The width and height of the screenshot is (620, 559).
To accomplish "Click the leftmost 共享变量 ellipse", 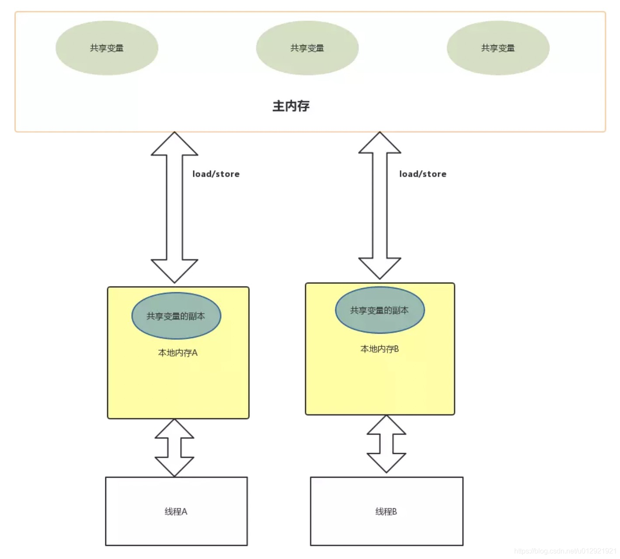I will (x=107, y=48).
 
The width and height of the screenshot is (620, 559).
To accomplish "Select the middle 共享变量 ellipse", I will (x=307, y=48).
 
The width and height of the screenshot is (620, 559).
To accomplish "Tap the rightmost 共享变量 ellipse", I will (x=498, y=48).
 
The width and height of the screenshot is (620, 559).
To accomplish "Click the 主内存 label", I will (x=291, y=106).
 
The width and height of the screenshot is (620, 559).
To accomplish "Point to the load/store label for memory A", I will (x=216, y=174).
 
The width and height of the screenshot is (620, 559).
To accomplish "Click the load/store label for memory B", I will (x=423, y=174).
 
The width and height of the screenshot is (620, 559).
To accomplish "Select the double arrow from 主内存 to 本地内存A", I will (x=174, y=208).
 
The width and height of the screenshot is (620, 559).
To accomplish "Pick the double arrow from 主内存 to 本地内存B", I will (x=380, y=206).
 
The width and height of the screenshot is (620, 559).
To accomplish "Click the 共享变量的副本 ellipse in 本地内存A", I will (x=176, y=316).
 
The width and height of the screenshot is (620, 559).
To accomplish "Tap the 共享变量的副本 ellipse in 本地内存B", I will (x=380, y=310).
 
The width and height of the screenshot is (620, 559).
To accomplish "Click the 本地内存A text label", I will (x=178, y=353).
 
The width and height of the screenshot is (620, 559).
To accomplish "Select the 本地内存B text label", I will (x=380, y=349).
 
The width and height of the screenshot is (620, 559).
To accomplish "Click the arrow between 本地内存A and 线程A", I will (x=174, y=447).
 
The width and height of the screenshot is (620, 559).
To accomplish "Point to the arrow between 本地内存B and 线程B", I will (x=387, y=444).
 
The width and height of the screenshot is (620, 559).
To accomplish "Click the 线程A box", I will (x=176, y=511).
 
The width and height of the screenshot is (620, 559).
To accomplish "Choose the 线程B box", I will (x=387, y=511).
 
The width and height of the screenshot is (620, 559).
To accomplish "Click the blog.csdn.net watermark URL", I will (x=565, y=551).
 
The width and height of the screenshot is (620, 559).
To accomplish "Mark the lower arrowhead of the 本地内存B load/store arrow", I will (x=380, y=267).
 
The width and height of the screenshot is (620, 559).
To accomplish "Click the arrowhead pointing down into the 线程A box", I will (x=174, y=466).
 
